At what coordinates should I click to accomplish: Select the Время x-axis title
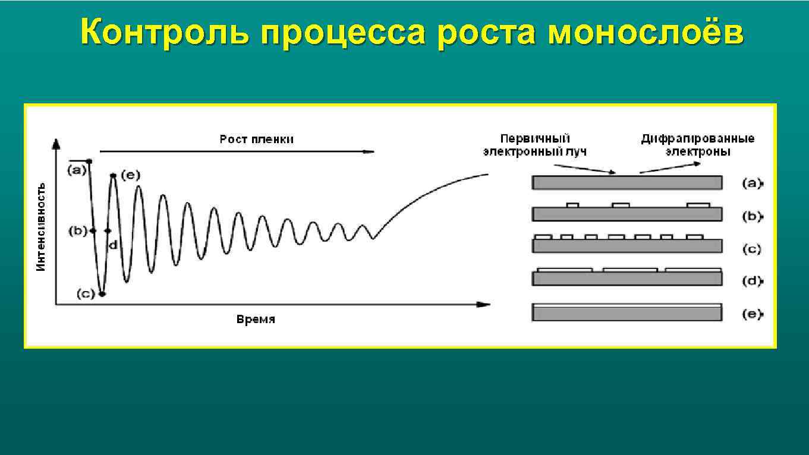256,320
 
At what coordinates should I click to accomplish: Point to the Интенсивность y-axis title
40,226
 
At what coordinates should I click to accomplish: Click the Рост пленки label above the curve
256,140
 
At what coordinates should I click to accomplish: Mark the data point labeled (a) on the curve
89,161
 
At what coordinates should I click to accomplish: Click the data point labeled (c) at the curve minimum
102,293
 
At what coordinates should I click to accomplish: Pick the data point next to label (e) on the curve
112,175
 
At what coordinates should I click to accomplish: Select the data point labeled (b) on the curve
93,230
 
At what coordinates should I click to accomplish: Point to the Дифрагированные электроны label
697,145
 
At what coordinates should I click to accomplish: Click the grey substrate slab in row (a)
627,182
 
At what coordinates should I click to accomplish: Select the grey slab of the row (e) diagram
627,313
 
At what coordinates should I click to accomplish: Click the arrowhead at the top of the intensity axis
56,143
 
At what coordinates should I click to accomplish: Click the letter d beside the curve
112,244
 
